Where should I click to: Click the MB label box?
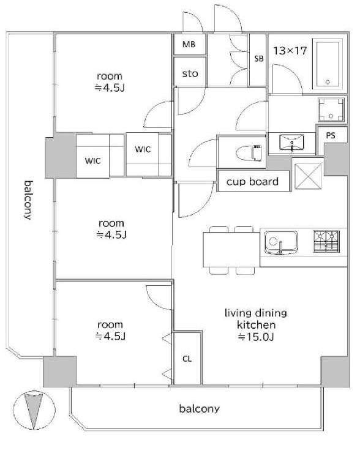click(189, 45)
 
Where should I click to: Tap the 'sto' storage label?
click(190, 73)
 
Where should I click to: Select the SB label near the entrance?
click(259, 59)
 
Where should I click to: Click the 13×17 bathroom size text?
click(290, 51)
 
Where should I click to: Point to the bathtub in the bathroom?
click(327, 64)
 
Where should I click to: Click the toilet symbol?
click(249, 152)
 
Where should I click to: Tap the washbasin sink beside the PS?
click(291, 143)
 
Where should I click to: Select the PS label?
click(331, 135)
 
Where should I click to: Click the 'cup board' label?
click(252, 181)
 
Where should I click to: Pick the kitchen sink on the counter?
click(280, 242)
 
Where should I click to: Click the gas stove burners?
click(326, 241)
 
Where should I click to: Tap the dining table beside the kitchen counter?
click(231, 250)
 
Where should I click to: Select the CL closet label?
click(187, 359)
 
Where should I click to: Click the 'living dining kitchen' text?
click(256, 319)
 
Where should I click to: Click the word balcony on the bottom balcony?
click(200, 409)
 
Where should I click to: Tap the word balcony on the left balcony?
click(28, 200)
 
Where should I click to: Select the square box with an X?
click(308, 176)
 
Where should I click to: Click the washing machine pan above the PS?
click(331, 110)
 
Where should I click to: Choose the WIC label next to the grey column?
click(93, 161)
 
